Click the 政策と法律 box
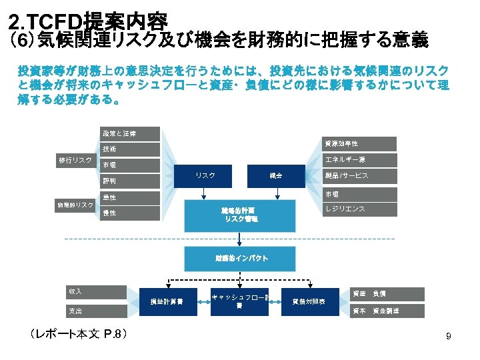tap(130, 134)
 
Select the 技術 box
tap(130, 149)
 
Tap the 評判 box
tap(130, 181)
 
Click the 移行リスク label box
tap(75, 161)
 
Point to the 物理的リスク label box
tap(75, 205)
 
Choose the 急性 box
tap(130, 198)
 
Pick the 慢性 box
tap(130, 213)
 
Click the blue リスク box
tap(205, 176)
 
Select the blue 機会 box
tap(275, 176)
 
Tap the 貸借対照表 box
tap(309, 301)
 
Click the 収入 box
tap(96, 292)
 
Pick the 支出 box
tap(96, 311)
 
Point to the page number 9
tap(449, 337)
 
